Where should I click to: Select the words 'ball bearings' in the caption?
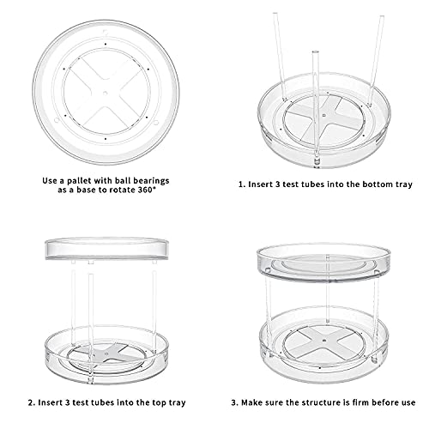[143, 181]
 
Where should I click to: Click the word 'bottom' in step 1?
[370, 184]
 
